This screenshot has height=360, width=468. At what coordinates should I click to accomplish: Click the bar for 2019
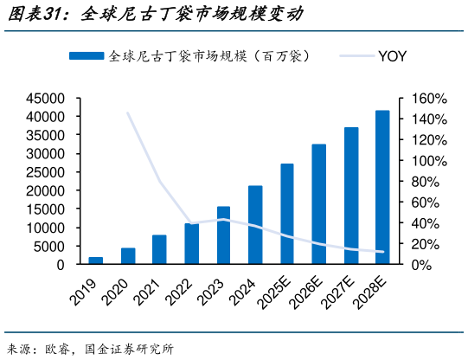pyautogui.click(x=96, y=260)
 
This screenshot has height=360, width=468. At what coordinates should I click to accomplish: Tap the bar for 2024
pyautogui.click(x=255, y=225)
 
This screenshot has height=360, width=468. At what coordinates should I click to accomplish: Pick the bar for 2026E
pyautogui.click(x=318, y=204)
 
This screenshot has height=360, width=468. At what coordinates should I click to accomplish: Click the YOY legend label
pyautogui.click(x=392, y=56)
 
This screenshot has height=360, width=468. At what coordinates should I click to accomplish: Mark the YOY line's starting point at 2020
pyautogui.click(x=128, y=112)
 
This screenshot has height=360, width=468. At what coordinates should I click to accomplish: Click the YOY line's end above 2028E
pyautogui.click(x=382, y=252)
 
